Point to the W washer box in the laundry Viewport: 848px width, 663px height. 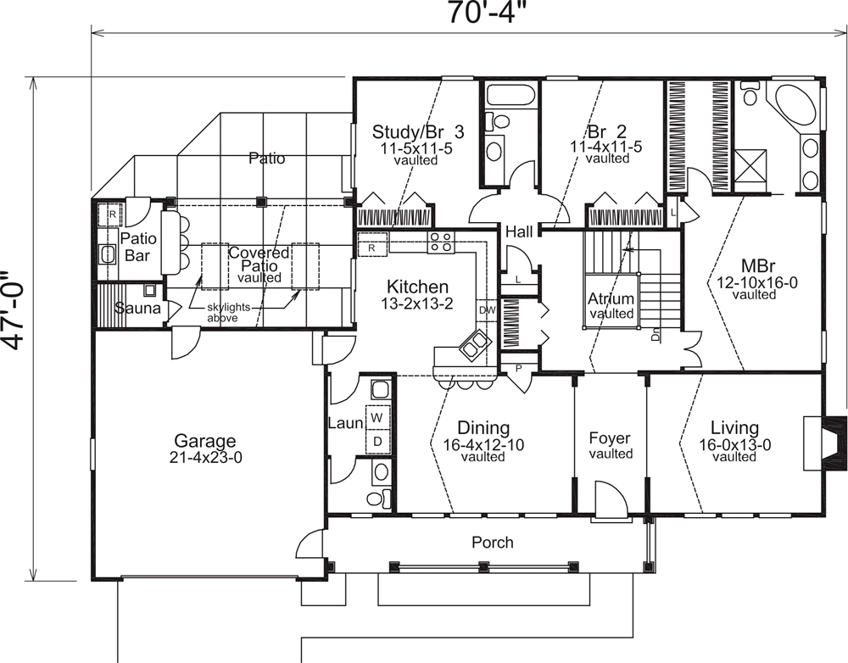377,418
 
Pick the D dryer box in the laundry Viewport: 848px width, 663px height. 377,440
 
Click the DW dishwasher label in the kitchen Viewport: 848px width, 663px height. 486,310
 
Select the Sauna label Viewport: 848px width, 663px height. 137,309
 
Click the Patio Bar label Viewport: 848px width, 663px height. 136,246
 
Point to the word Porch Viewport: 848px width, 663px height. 493,542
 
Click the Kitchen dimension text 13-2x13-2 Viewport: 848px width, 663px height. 417,304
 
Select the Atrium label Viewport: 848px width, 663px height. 611,299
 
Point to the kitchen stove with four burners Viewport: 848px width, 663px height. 440,242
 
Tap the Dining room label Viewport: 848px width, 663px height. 483,428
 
